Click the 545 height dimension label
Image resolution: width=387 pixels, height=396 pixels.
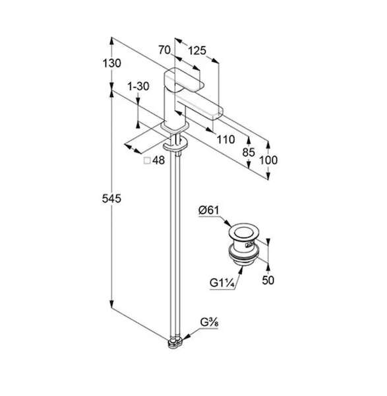coord(111,199)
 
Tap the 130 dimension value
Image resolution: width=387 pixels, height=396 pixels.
coord(111,63)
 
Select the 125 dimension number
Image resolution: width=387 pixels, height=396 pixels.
coord(197,51)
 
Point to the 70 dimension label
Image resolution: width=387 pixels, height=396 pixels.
coord(164,49)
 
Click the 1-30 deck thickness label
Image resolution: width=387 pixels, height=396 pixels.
coord(138,86)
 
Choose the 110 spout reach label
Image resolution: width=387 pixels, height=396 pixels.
coord(225,139)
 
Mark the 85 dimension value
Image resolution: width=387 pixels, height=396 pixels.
coord(249,152)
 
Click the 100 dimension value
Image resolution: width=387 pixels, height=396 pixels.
coord(268,160)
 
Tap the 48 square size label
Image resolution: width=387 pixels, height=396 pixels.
coord(158,160)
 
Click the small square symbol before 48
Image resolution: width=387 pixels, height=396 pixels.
coord(147,160)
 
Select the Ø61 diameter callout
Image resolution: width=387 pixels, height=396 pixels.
coord(208,210)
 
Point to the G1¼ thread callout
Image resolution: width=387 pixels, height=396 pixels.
coord(222,283)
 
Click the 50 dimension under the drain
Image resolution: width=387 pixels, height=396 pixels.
coord(268,280)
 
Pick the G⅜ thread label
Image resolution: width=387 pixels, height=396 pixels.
coord(209,323)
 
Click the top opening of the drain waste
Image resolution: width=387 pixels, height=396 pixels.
coord(243,232)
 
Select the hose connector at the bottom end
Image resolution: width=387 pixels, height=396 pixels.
coord(176,343)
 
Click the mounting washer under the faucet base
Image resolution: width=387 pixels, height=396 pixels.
coord(175,145)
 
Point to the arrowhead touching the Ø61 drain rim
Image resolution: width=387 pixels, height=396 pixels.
coord(228,223)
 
